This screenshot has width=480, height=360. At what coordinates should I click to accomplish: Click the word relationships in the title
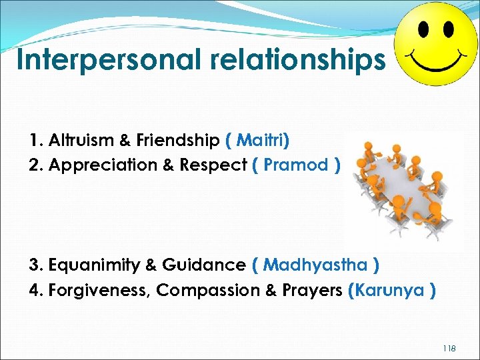tap(298, 59)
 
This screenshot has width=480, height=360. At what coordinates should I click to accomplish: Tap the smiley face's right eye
tap(448, 29)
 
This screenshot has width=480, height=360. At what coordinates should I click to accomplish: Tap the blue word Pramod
tap(296, 165)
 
